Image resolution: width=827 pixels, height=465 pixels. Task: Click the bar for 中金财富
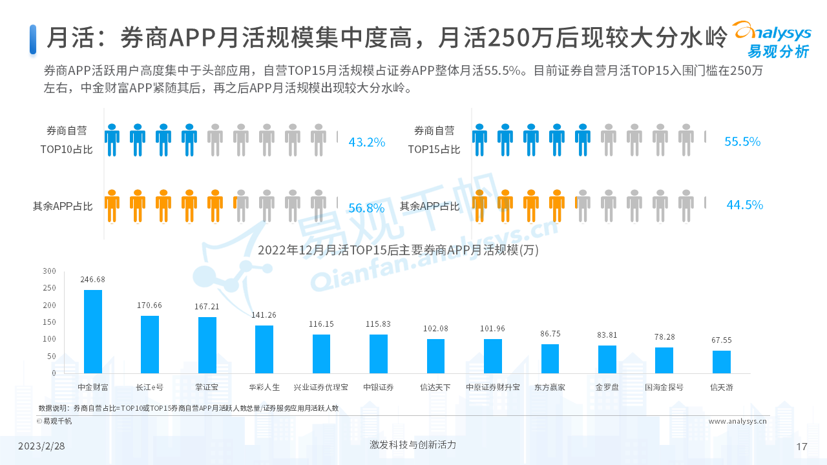[x=93, y=331]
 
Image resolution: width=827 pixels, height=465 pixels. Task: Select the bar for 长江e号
[x=150, y=344]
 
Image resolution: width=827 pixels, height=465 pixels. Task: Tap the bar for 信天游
[x=721, y=362]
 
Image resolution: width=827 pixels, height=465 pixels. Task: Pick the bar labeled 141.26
[x=264, y=349]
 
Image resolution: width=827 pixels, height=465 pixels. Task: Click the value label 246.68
[x=93, y=280]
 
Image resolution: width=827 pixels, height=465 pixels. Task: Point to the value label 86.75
[x=550, y=334]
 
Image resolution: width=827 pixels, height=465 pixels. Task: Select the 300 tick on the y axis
[x=49, y=271]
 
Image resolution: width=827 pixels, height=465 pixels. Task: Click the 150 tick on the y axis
[x=49, y=322]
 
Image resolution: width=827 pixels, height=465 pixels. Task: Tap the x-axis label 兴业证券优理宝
[x=320, y=387]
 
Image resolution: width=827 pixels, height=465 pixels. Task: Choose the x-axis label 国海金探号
[x=664, y=387]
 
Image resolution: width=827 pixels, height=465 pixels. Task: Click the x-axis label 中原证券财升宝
[x=492, y=387]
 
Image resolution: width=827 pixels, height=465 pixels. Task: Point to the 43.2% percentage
[x=366, y=142]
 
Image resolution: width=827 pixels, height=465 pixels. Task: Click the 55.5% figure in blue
[x=742, y=141]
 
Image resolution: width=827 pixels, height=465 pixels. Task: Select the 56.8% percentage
[x=366, y=208]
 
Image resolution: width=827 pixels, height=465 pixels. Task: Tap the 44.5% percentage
[x=744, y=205]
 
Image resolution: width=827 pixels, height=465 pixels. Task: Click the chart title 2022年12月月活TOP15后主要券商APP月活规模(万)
[x=398, y=250]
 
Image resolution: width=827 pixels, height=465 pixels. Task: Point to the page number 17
[x=802, y=447]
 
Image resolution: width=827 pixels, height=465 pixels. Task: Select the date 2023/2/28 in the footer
[x=41, y=446]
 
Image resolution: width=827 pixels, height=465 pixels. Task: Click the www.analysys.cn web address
[x=737, y=421]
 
